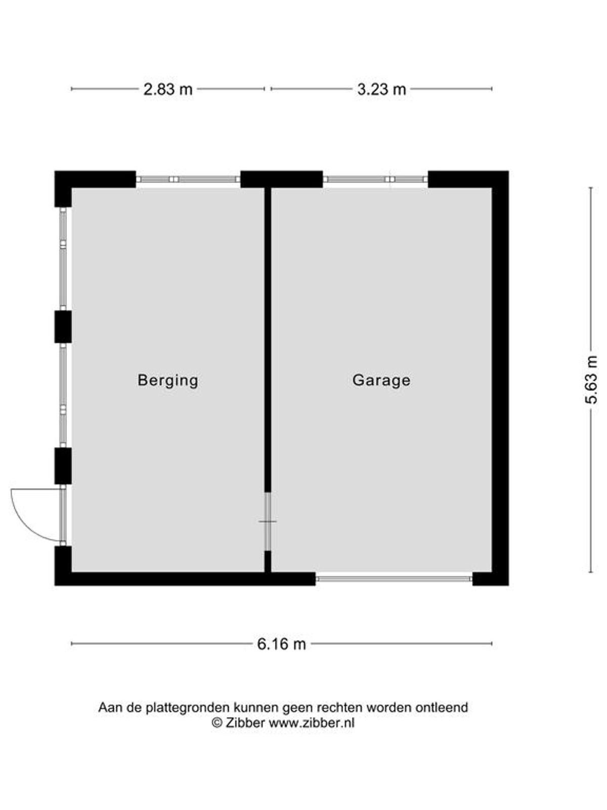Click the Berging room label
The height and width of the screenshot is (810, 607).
pos(168,381)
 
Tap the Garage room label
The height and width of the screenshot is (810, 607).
pos(381,381)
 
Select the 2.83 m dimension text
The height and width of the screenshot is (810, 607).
pos(168,90)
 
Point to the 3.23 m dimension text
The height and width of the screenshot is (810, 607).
pos(381,90)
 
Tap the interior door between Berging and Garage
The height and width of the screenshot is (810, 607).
pos(268,521)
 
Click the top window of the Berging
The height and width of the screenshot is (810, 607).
pos(188,179)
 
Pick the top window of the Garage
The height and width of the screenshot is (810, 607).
pos(375,179)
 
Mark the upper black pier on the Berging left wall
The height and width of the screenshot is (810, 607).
pos(63,327)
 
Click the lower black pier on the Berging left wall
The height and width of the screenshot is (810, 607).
pos(63,466)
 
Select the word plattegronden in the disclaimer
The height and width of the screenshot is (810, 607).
pos(188,708)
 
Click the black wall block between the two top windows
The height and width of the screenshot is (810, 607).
pos(282,179)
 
